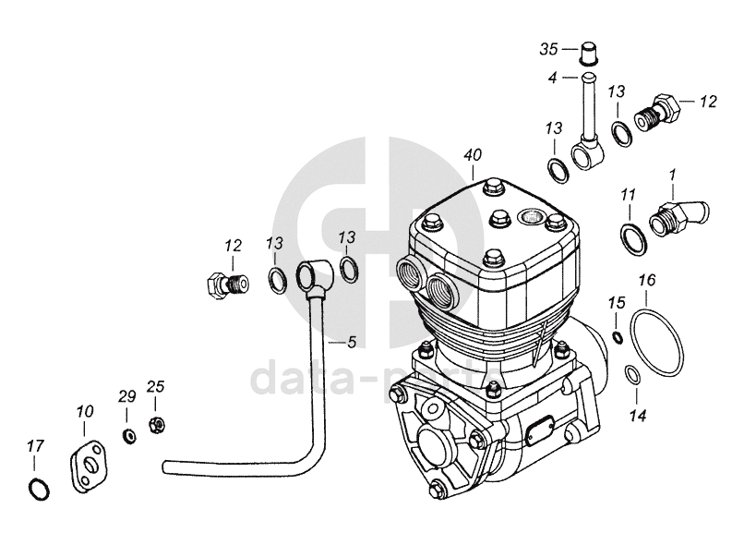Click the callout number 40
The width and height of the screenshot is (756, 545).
pyautogui.click(x=473, y=155)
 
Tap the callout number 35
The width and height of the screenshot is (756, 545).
pyautogui.click(x=549, y=47)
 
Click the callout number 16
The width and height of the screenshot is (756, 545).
pyautogui.click(x=647, y=280)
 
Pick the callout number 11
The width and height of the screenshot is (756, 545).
pyautogui.click(x=628, y=195)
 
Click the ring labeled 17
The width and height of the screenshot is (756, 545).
pyautogui.click(x=37, y=489)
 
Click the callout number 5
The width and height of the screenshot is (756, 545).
pyautogui.click(x=351, y=343)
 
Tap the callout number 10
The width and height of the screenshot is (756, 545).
pyautogui.click(x=85, y=410)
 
